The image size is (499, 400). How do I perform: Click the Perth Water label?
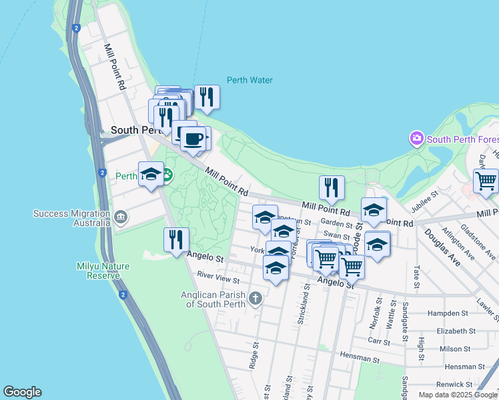tap(249, 80)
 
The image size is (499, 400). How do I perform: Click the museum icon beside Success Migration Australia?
tap(121, 216)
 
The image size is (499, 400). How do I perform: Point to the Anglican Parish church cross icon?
tap(255, 298)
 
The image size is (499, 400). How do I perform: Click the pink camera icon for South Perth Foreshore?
tap(417, 139)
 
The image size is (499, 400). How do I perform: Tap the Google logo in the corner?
tap(22, 392)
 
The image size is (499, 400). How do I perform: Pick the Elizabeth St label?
tap(456, 331)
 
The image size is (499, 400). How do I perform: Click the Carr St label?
tap(378, 340)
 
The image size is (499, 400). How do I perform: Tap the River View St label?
tap(218, 277)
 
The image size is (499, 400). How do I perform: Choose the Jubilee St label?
tap(424, 201)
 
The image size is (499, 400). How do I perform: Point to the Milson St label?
tap(455, 349)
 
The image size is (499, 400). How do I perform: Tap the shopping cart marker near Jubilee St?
tap(486, 181)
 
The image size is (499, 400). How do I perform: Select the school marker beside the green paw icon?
tap(151, 175)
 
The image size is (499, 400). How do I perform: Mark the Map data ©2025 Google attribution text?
tap(458, 395)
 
